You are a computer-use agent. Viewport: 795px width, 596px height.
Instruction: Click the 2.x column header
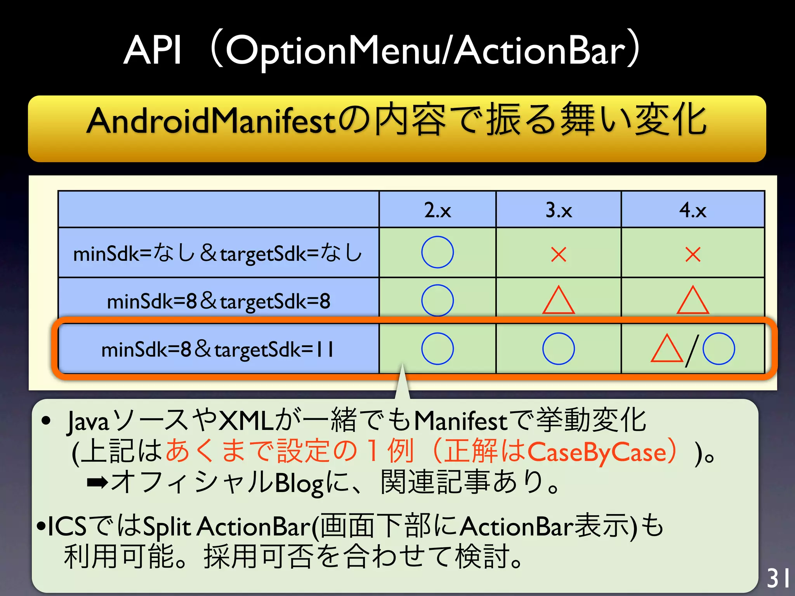pyautogui.click(x=437, y=210)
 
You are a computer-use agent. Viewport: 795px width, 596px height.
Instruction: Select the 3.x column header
pyautogui.click(x=559, y=210)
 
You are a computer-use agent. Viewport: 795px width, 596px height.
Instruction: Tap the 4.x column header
pyautogui.click(x=693, y=210)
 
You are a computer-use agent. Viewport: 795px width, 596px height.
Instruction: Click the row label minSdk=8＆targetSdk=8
pyautogui.click(x=219, y=301)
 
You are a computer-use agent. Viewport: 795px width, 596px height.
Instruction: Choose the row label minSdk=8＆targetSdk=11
pyautogui.click(x=217, y=349)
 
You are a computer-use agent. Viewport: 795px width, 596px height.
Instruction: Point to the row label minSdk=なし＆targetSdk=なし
pyautogui.click(x=217, y=253)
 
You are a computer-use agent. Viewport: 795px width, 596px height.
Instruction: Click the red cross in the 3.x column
pyautogui.click(x=559, y=255)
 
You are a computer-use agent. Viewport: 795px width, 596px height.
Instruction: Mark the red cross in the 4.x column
pyautogui.click(x=693, y=255)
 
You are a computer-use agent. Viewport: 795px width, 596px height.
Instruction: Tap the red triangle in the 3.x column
pyautogui.click(x=559, y=301)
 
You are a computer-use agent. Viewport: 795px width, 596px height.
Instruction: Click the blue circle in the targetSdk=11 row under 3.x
pyautogui.click(x=559, y=348)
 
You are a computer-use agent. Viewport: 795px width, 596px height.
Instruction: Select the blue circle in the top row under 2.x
pyautogui.click(x=437, y=252)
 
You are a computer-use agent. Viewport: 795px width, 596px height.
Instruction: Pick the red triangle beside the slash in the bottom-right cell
pyautogui.click(x=667, y=349)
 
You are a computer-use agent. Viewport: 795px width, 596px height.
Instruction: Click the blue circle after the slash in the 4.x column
pyautogui.click(x=719, y=348)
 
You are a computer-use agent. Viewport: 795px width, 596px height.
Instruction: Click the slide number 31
pyautogui.click(x=778, y=578)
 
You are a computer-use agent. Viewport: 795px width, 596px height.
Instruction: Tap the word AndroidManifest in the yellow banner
pyautogui.click(x=212, y=121)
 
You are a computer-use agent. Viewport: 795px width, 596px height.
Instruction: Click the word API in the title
pyautogui.click(x=153, y=50)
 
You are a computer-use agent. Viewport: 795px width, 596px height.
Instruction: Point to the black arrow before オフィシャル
pyautogui.click(x=97, y=483)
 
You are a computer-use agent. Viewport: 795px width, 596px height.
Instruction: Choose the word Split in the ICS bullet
pyautogui.click(x=167, y=527)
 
